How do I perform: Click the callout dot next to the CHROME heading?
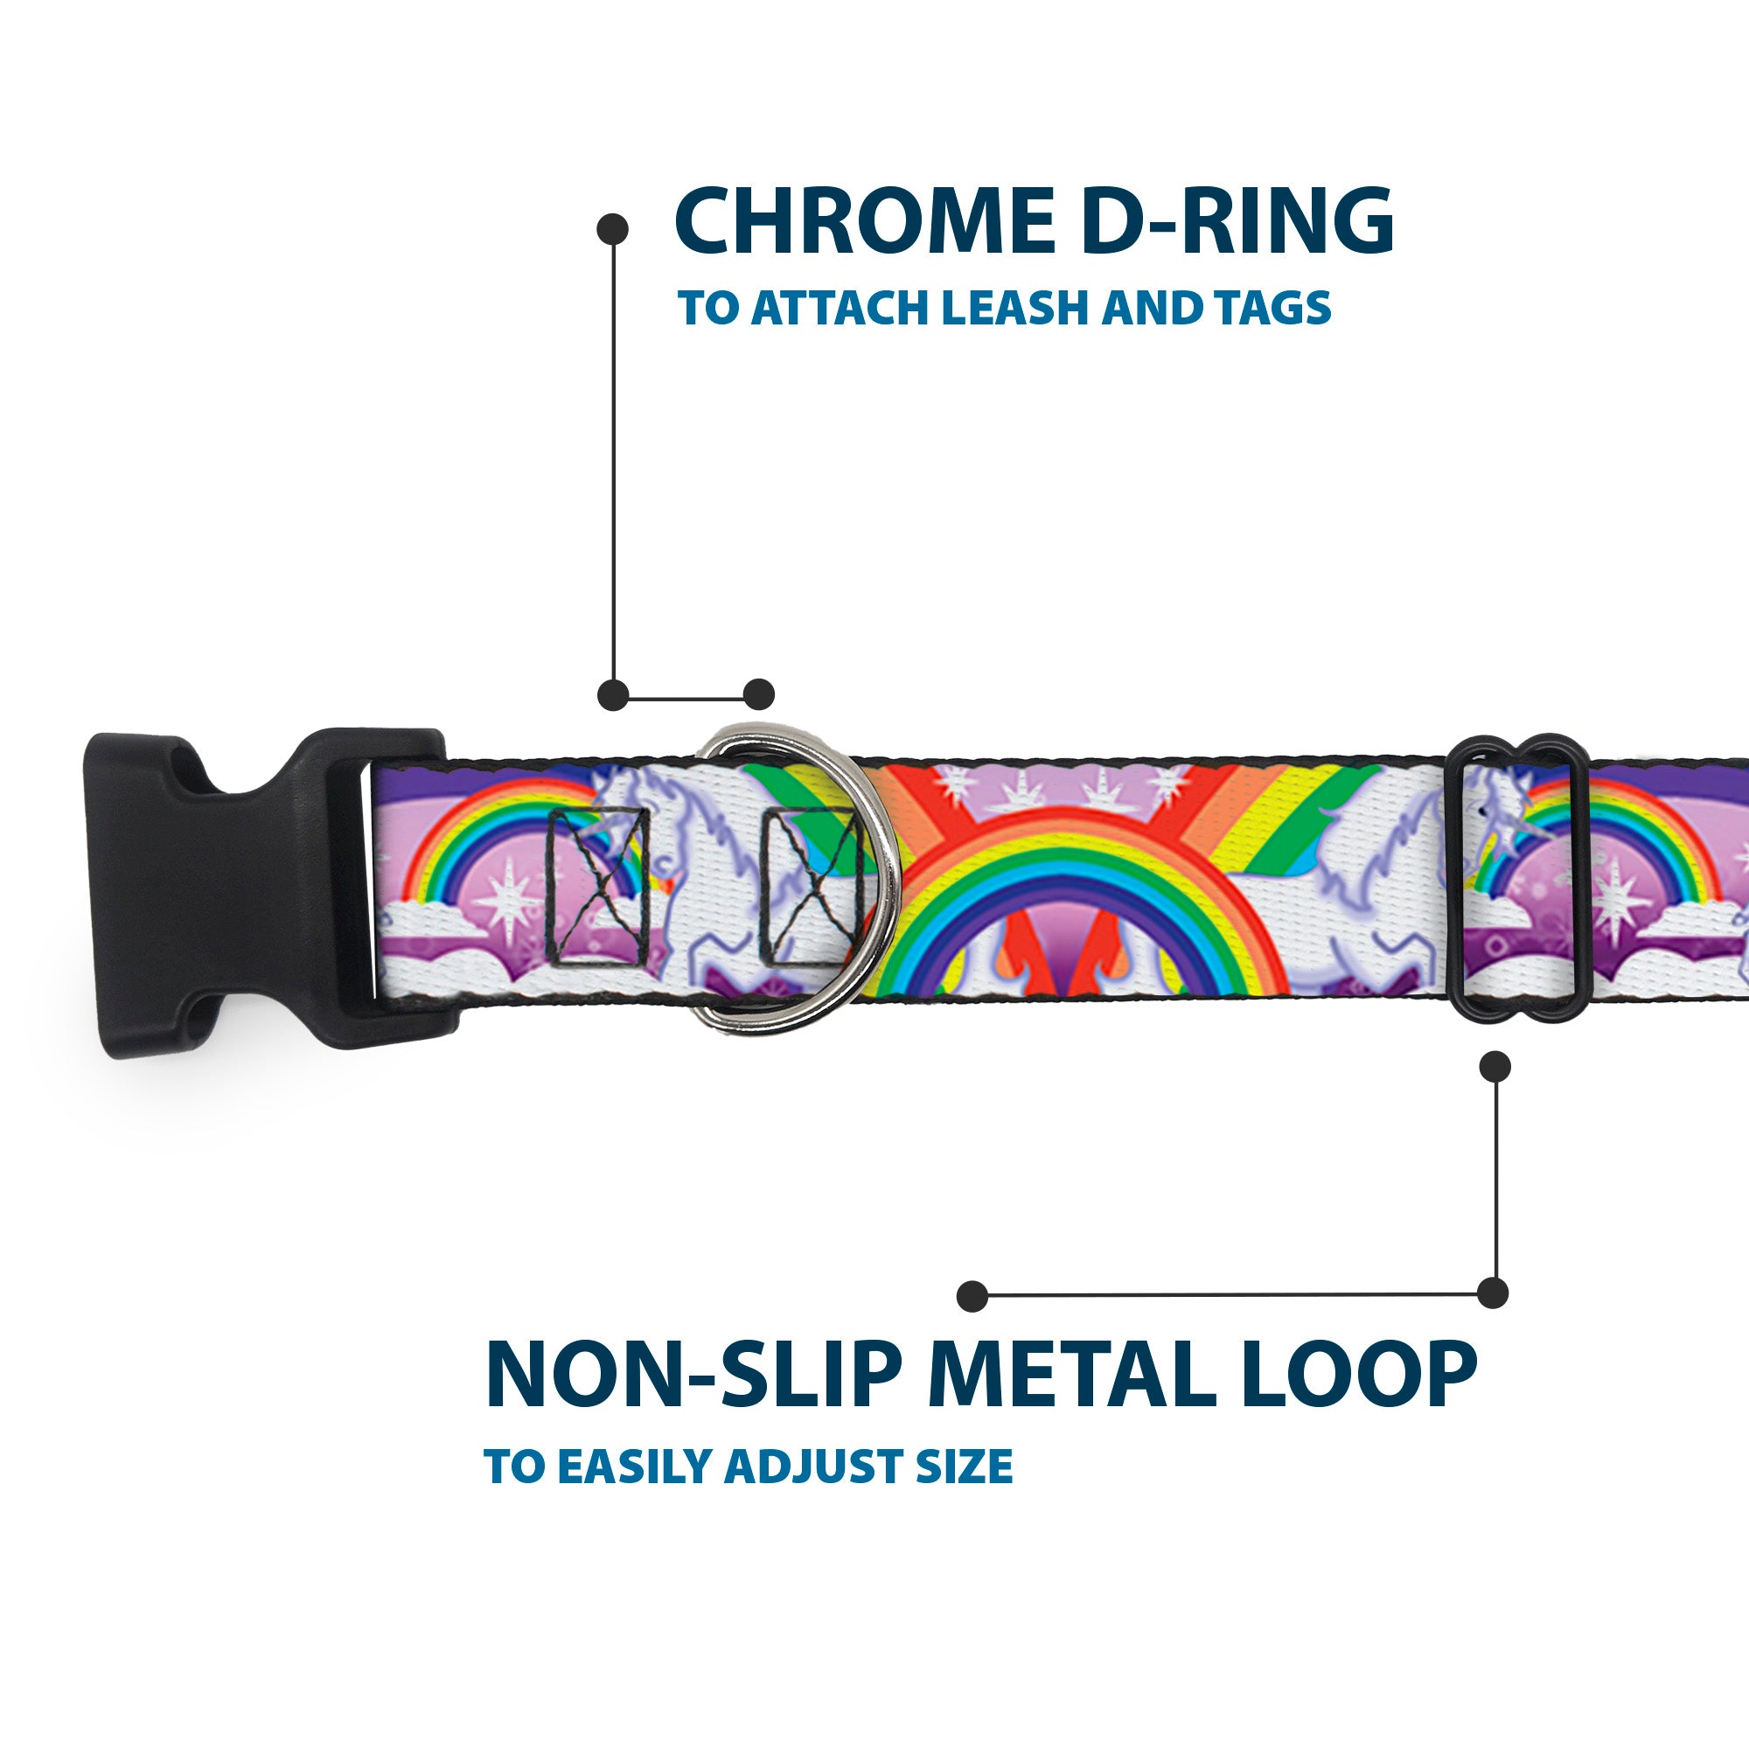[613, 228]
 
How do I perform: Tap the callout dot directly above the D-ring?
[758, 695]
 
